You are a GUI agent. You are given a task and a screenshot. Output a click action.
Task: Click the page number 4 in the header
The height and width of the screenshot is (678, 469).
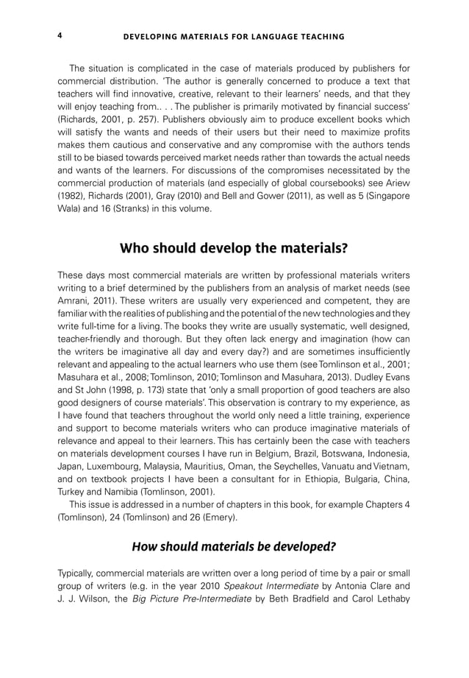[60, 35]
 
